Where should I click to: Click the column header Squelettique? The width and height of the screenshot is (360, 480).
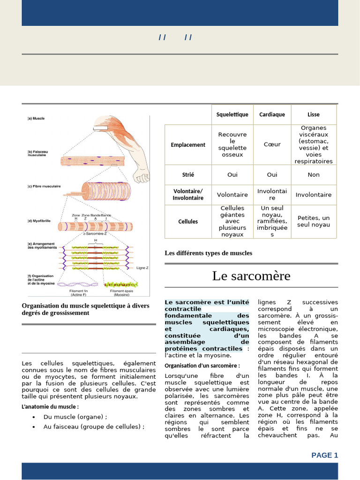coord(232,114)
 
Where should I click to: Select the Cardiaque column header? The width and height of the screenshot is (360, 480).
coord(272,114)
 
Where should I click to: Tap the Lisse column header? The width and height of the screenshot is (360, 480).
coord(314,114)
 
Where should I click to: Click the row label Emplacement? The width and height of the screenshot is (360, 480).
coord(188,145)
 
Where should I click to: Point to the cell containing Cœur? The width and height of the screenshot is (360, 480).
coord(272,144)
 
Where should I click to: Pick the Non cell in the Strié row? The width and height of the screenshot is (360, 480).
coord(314,174)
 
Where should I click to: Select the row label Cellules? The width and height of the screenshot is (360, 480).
coord(188,221)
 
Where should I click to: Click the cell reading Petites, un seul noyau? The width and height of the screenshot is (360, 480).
coord(314,221)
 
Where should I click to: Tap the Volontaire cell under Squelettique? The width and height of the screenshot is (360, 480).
coord(232,195)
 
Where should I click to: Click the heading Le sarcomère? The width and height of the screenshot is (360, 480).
coord(251,276)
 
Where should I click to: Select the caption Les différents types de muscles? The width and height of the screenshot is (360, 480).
coord(208,253)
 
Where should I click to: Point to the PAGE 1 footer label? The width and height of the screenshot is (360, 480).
coord(324,455)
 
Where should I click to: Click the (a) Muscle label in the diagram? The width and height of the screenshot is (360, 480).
coord(36,119)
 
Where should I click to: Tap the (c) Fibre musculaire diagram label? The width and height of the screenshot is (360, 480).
coord(44,186)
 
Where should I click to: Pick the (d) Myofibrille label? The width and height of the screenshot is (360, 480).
coord(39,220)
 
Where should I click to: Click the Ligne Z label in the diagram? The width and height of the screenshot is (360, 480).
coord(142,268)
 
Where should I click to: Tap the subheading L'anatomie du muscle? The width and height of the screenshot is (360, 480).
coord(50,406)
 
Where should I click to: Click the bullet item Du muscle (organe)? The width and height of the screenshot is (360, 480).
coord(75,417)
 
